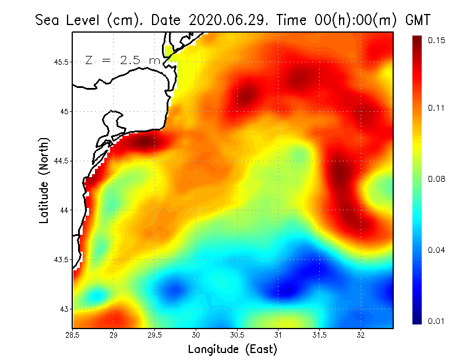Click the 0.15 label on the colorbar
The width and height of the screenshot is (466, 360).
click(x=436, y=40)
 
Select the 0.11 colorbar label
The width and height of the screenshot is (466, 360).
click(x=436, y=108)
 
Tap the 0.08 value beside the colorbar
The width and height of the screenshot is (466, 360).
click(x=436, y=179)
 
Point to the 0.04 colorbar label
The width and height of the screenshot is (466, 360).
click(x=436, y=250)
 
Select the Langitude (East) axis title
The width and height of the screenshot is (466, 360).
click(x=232, y=350)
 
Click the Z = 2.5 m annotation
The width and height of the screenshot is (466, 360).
click(x=122, y=61)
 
